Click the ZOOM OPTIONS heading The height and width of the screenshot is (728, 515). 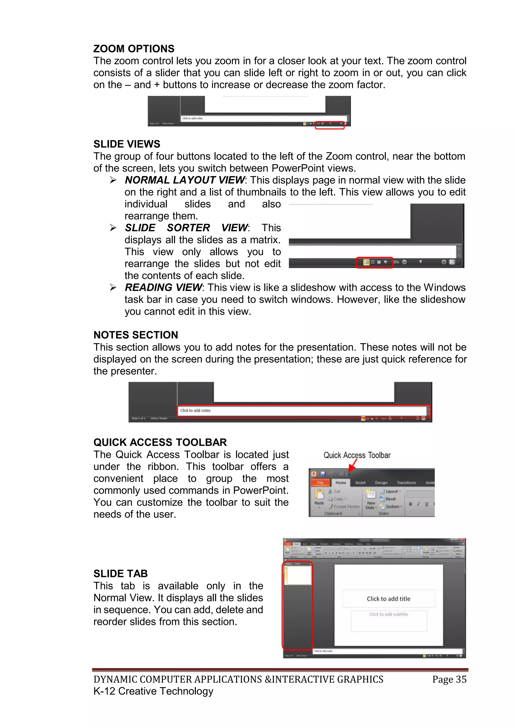click(134, 49)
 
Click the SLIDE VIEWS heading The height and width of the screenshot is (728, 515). click(126, 144)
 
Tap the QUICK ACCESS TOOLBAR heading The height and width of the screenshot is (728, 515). click(160, 442)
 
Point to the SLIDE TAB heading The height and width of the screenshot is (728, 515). click(120, 574)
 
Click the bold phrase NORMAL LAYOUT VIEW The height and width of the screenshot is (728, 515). click(184, 180)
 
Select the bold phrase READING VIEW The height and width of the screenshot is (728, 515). click(163, 288)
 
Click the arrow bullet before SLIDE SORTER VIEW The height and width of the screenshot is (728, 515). click(113, 228)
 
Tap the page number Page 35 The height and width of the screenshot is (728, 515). click(449, 679)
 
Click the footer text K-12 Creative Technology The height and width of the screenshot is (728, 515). click(153, 691)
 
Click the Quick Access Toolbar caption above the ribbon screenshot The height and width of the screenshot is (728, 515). click(357, 455)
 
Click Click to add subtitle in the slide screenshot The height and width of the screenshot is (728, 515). click(389, 614)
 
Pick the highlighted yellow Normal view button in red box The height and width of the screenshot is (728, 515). click(366, 262)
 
